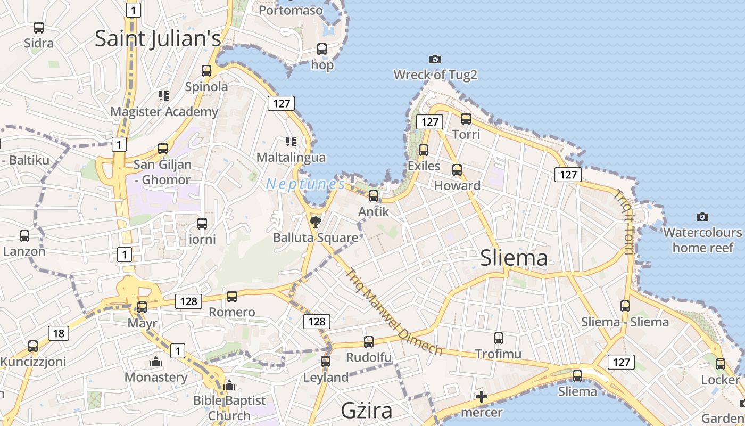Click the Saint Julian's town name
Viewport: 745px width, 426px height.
pyautogui.click(x=158, y=39)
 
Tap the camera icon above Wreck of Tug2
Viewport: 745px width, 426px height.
pyautogui.click(x=435, y=59)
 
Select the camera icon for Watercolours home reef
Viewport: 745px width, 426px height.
pyautogui.click(x=702, y=217)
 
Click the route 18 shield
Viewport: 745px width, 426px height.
pyautogui.click(x=59, y=334)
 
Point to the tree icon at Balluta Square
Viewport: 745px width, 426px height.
pyautogui.click(x=316, y=221)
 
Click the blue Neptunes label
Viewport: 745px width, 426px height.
pyautogui.click(x=305, y=184)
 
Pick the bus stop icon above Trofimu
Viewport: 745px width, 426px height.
pyautogui.click(x=498, y=338)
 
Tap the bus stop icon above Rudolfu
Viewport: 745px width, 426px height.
pyautogui.click(x=368, y=341)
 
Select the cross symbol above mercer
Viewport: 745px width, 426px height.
pyautogui.click(x=482, y=397)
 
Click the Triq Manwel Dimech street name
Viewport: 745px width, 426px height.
pyautogui.click(x=394, y=312)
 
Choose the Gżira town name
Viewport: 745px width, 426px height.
pyautogui.click(x=367, y=411)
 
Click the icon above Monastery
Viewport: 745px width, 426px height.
pyautogui.click(x=156, y=362)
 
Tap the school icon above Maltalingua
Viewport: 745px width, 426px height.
pyautogui.click(x=291, y=141)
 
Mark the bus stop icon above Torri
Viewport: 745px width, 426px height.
pyautogui.click(x=466, y=119)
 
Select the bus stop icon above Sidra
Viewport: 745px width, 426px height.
pyautogui.click(x=39, y=28)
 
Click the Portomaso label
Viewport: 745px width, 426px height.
pyautogui.click(x=291, y=10)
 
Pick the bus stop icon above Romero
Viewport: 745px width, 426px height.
pyautogui.click(x=231, y=296)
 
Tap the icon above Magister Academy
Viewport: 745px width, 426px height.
pyautogui.click(x=164, y=96)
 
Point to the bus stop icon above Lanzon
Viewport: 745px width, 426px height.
pyautogui.click(x=24, y=235)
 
